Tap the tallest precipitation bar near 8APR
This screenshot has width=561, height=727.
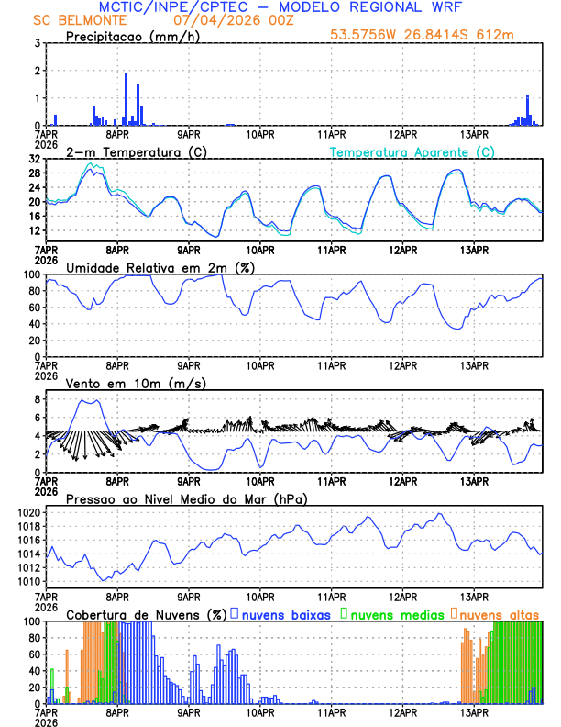click(126, 98)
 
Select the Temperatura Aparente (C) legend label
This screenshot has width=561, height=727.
click(412, 151)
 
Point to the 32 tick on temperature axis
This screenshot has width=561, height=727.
click(34, 159)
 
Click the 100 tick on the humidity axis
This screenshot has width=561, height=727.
click(30, 274)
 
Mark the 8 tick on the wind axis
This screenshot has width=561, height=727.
click(37, 400)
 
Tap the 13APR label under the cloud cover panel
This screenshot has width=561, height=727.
click(475, 711)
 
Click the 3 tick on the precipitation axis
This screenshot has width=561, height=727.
click(37, 43)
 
